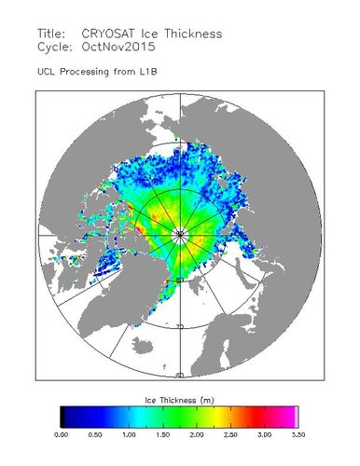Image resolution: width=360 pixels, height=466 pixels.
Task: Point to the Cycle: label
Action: point(55,45)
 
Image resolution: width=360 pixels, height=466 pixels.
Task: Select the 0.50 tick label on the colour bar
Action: point(94,434)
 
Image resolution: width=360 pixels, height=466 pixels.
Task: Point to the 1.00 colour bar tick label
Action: point(128,434)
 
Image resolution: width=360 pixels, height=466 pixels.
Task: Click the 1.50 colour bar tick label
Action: point(162,434)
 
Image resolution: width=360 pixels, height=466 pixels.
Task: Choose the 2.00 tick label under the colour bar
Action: point(196,434)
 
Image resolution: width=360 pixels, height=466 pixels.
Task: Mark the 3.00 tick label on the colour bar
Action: point(264,434)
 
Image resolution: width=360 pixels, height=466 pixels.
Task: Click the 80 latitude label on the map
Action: point(179,279)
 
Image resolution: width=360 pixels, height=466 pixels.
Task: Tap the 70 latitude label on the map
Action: point(179,326)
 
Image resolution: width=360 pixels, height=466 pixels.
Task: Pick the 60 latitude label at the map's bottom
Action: point(179,375)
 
